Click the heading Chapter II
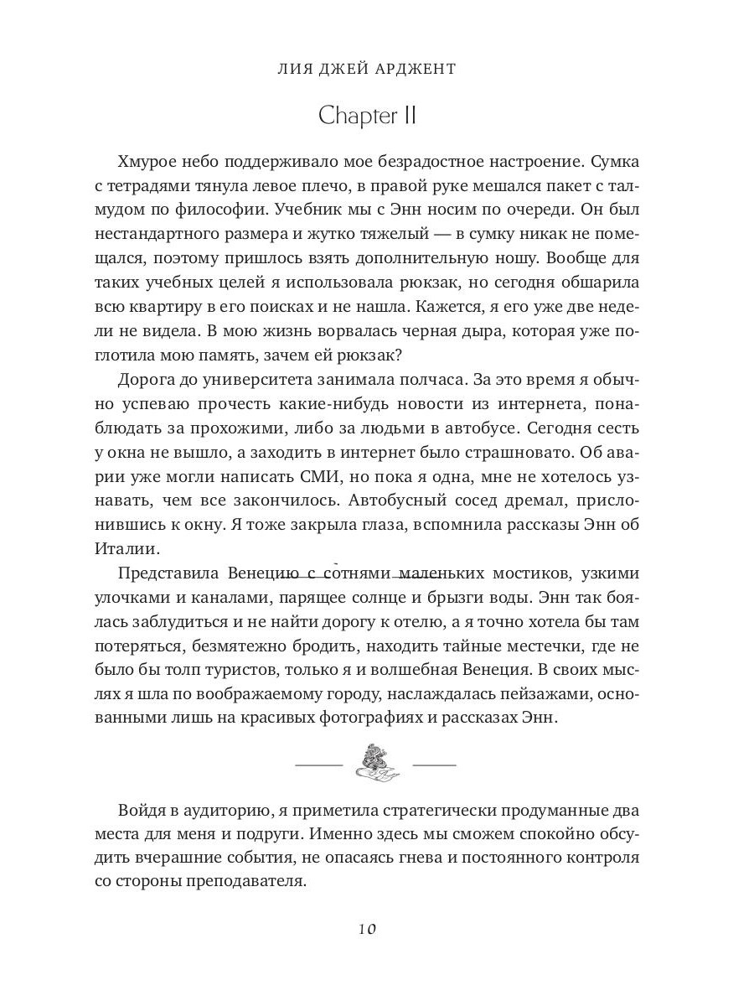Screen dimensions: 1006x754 coord(368,116)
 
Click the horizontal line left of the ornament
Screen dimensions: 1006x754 coord(321,765)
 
